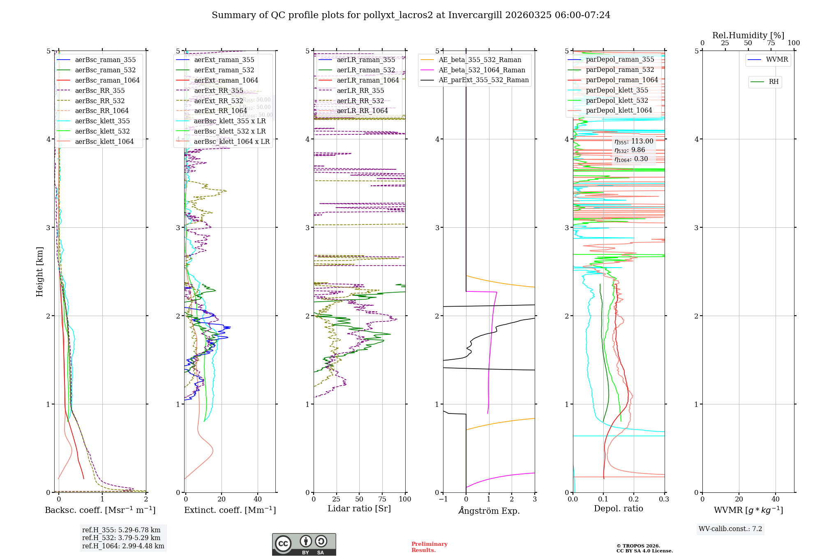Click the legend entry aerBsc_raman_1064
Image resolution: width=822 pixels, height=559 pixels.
tap(107, 81)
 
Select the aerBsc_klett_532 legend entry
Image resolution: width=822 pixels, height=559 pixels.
tap(102, 132)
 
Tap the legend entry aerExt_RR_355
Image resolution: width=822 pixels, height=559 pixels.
tap(219, 91)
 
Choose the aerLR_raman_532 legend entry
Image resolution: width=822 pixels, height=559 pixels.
tap(366, 70)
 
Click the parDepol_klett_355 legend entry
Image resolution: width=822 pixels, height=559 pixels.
tap(617, 90)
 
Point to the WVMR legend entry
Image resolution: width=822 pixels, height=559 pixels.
tap(777, 60)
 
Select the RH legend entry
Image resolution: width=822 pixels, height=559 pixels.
tap(774, 82)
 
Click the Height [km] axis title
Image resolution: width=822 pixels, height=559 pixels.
tap(39, 272)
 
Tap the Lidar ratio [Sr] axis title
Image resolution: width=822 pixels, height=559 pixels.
tap(359, 508)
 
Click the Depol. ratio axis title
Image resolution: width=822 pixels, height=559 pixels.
tap(619, 508)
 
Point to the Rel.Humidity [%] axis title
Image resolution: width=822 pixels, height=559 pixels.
tap(748, 35)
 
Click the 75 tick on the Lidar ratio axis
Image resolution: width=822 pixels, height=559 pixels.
tap(382, 499)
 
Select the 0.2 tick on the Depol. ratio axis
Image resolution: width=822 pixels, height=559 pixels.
tap(634, 499)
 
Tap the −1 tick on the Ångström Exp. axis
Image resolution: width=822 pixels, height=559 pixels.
tap(443, 499)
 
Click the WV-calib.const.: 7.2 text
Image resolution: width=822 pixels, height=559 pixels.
tap(730, 529)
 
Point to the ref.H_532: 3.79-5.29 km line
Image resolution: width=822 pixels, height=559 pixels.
tap(121, 538)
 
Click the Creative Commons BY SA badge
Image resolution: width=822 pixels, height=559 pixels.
tap(304, 544)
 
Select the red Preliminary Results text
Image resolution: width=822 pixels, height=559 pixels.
tap(429, 547)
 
